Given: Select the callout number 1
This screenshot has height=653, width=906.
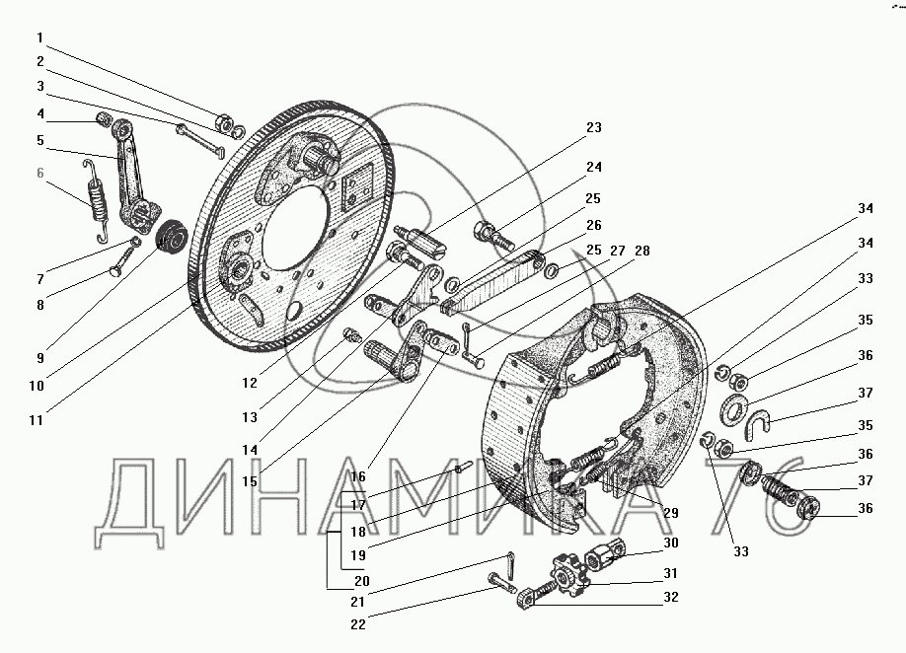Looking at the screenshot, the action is (x=39, y=38).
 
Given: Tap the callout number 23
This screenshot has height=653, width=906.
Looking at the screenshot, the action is (x=594, y=127).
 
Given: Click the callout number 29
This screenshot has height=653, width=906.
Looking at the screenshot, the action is (x=671, y=513).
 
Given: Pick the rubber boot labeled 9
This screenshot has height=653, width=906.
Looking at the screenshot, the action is (x=172, y=236).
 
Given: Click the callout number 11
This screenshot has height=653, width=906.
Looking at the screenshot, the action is (x=37, y=420).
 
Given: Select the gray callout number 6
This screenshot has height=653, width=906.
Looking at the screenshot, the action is (x=39, y=173).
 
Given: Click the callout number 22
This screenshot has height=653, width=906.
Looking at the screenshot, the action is (x=358, y=624).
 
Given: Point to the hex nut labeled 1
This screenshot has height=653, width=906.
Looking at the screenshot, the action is (x=224, y=123).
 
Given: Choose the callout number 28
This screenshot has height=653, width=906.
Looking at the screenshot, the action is (x=642, y=251).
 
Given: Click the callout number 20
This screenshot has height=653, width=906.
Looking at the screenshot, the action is (x=361, y=581).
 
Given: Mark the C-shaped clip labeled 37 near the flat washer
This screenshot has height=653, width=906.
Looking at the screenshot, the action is (x=759, y=421).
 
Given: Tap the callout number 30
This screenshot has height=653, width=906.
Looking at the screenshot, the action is (x=671, y=543).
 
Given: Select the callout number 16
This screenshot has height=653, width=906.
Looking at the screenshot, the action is (x=358, y=476).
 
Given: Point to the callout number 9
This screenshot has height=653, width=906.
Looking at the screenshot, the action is (x=39, y=358).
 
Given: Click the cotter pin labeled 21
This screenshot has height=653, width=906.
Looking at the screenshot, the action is (x=511, y=564).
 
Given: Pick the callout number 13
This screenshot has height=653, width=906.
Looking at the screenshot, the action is (x=250, y=417).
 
